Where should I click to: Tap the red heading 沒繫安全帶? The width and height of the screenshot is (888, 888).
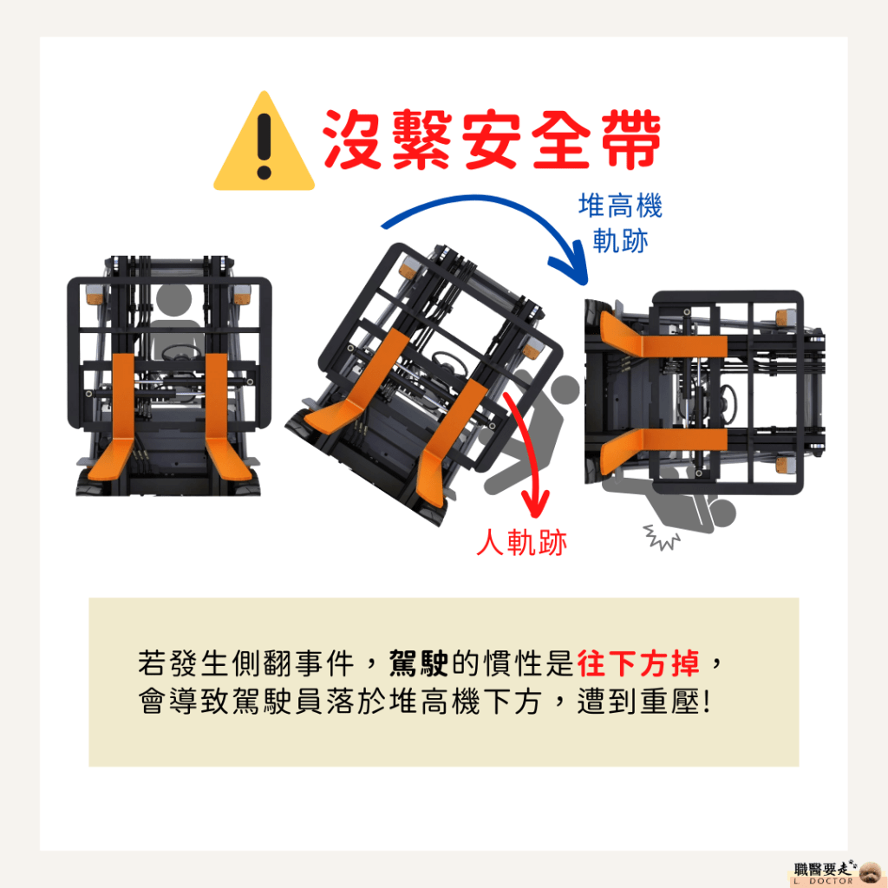[x=492, y=140]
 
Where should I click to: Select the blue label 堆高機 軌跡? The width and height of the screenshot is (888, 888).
[x=620, y=223]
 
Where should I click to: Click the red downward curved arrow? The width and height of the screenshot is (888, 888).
[x=532, y=447]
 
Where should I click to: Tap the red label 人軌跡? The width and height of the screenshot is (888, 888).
[x=521, y=543]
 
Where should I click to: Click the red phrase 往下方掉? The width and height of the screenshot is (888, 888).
[x=639, y=663]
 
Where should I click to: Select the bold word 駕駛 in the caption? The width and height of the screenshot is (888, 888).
[x=419, y=663]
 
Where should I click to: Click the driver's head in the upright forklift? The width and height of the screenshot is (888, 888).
[x=173, y=299]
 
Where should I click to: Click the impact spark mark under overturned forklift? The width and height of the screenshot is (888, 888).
[x=661, y=537]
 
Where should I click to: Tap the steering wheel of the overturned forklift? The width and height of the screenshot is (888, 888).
[x=728, y=402]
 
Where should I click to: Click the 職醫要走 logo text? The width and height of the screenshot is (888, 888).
[x=822, y=869]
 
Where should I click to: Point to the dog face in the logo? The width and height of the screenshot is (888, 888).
[x=870, y=872]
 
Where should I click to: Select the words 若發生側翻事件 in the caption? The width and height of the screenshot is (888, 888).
[x=246, y=663]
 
